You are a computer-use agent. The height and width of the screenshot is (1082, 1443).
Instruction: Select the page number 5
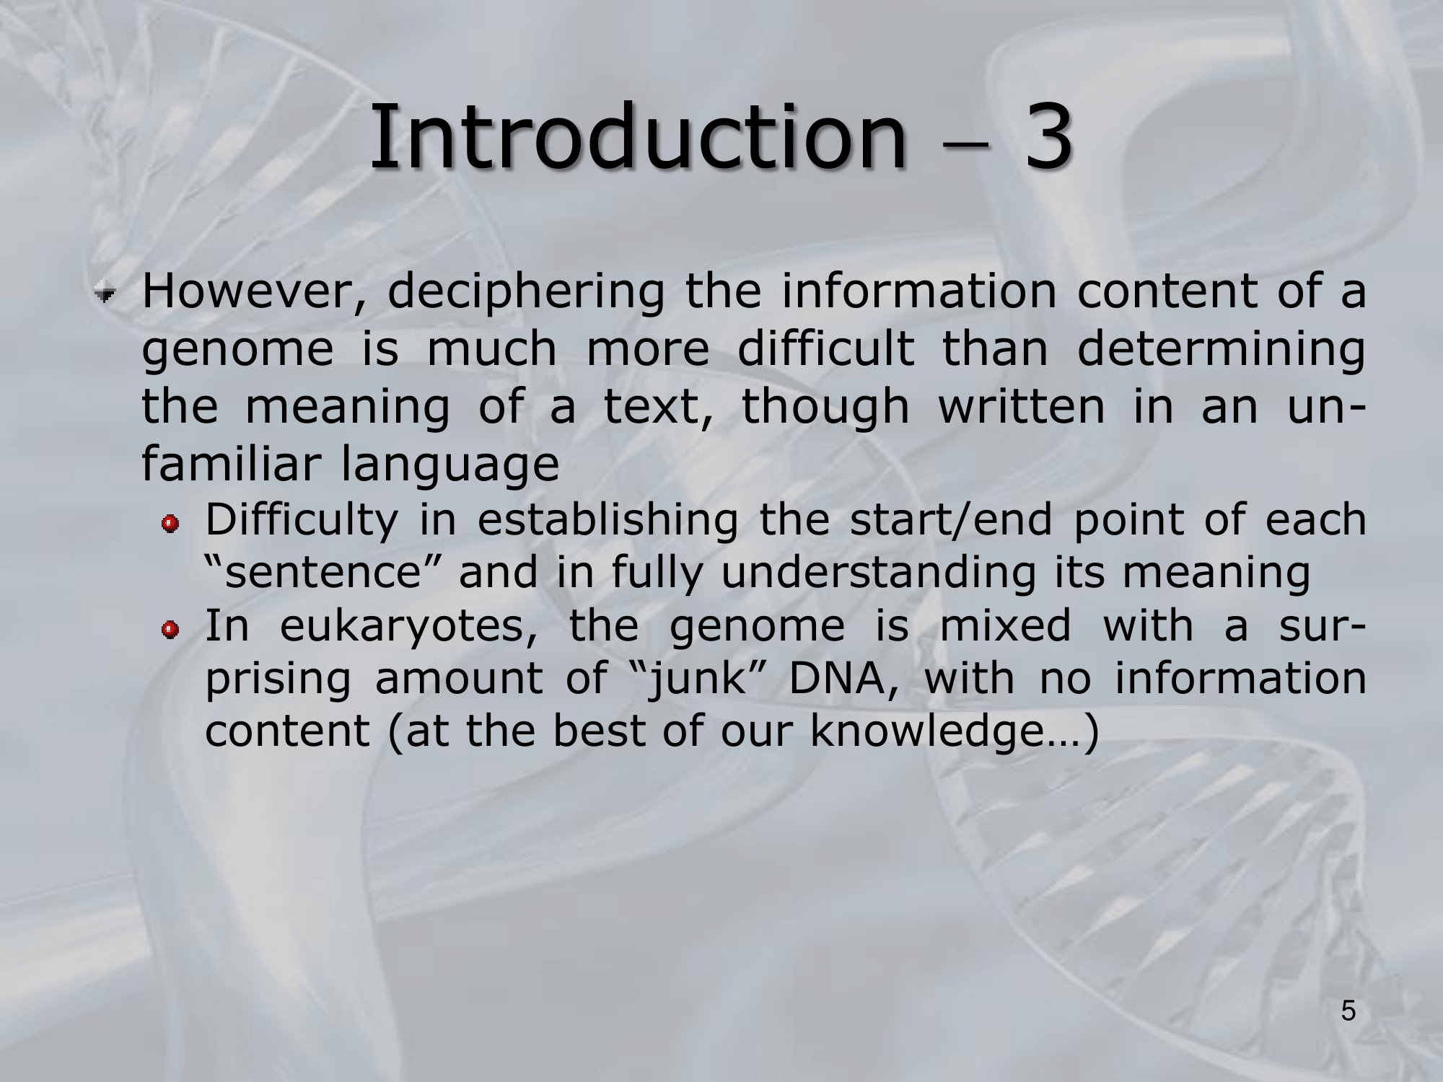1348,1012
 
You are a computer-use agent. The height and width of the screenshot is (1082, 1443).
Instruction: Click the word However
255,291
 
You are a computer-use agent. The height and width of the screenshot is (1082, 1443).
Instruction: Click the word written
1021,406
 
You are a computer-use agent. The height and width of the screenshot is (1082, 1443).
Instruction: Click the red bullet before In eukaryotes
170,630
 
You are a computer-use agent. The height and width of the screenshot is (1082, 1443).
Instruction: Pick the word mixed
1006,625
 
